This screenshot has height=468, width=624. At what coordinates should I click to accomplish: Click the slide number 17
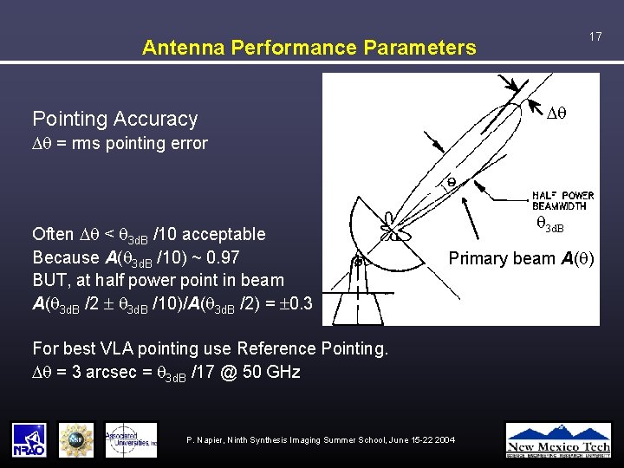click(x=595, y=36)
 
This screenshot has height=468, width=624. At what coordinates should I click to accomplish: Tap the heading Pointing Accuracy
click(x=114, y=119)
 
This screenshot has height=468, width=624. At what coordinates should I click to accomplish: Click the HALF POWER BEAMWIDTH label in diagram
click(x=562, y=200)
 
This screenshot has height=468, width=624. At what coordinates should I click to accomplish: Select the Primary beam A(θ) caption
click(x=521, y=258)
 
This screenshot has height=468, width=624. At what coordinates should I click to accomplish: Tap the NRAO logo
click(x=29, y=439)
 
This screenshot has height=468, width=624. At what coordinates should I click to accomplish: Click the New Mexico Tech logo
click(x=557, y=439)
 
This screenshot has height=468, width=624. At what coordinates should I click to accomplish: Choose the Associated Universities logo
click(x=131, y=439)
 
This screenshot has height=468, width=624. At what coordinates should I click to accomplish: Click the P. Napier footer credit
click(x=321, y=441)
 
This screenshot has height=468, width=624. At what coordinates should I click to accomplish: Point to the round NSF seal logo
click(x=76, y=439)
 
